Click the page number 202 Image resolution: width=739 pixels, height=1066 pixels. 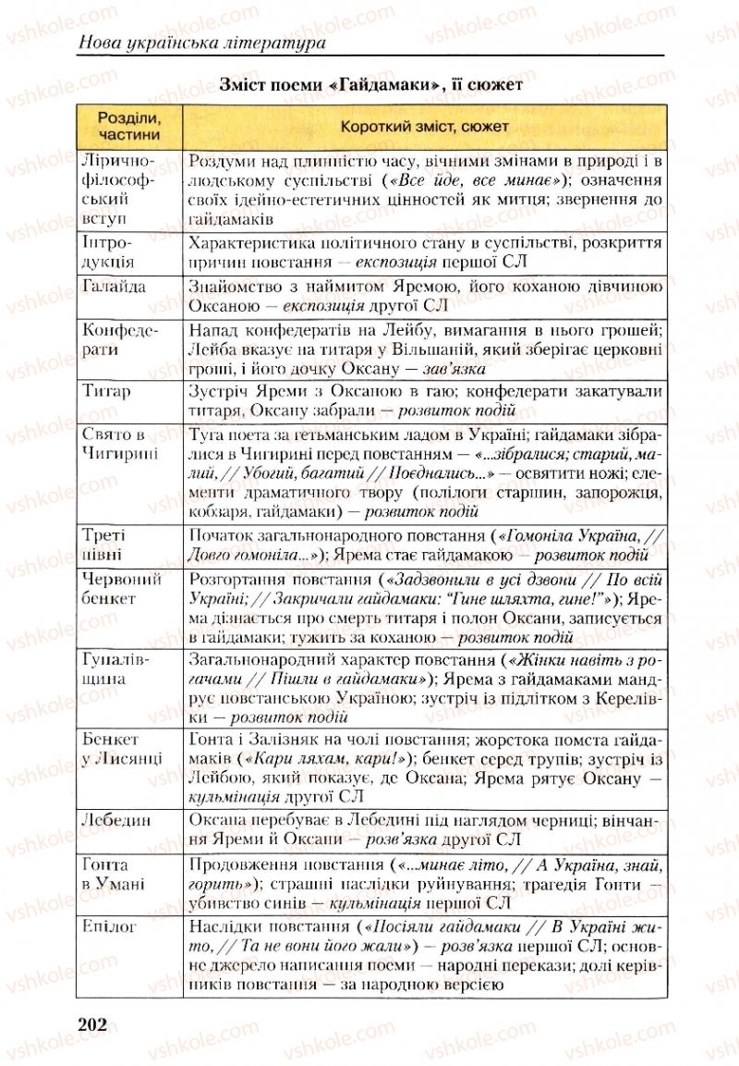coord(95,1023)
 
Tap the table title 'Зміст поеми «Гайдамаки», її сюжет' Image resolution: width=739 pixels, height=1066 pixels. coord(371,85)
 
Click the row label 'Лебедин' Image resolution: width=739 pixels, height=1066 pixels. coord(117,820)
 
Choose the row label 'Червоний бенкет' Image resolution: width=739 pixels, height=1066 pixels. coord(123,589)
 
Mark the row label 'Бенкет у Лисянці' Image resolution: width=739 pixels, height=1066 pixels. coord(123,749)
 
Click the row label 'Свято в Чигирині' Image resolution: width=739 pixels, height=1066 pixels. coord(120,443)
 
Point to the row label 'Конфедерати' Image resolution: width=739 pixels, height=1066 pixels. coord(120,340)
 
